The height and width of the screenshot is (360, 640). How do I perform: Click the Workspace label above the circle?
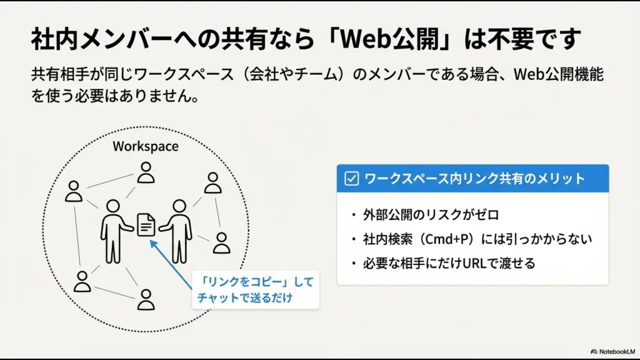point(145,146)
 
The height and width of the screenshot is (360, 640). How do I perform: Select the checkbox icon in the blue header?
point(352,179)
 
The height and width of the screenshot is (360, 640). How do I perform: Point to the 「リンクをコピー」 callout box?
point(255,289)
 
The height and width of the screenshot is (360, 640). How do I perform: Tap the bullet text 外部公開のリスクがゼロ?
point(431,215)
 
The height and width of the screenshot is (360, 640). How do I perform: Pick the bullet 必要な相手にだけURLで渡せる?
point(449,263)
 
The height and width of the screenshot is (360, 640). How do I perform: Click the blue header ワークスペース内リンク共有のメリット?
point(474,179)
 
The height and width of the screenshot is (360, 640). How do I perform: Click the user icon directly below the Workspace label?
point(146,173)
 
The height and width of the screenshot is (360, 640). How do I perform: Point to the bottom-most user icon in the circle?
point(146,300)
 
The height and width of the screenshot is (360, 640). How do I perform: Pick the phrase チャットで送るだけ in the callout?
point(244,298)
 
